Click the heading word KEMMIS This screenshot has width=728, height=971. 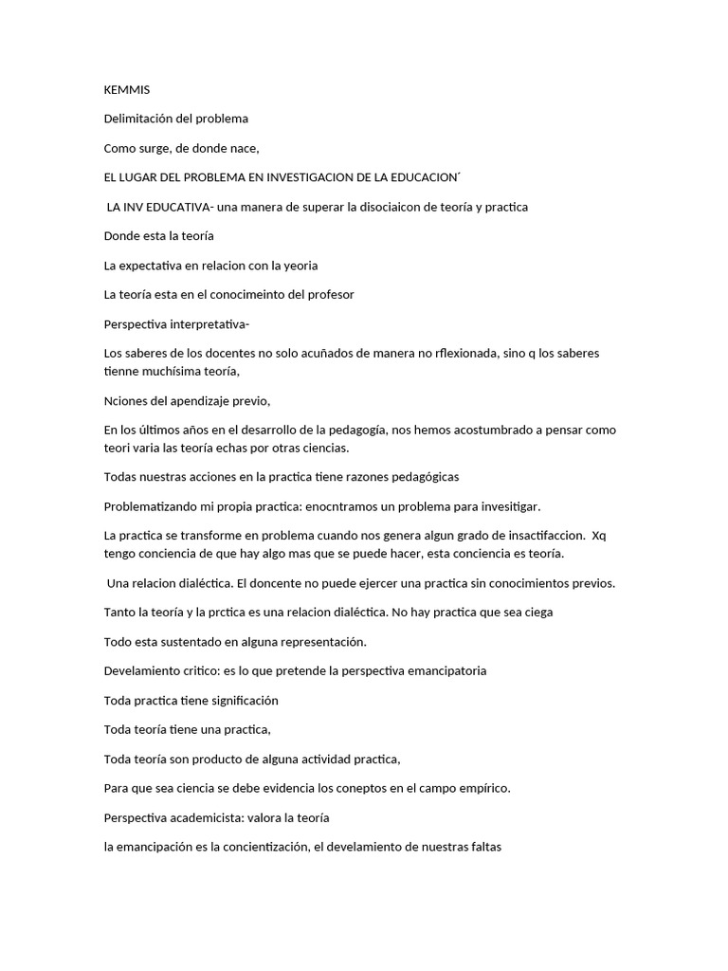pyautogui.click(x=126, y=90)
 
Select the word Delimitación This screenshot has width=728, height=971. pyautogui.click(x=139, y=119)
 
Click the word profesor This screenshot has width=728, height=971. pyautogui.click(x=331, y=294)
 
